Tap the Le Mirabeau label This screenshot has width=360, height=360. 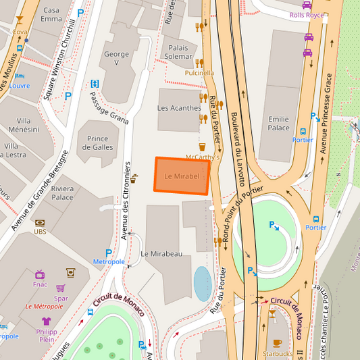coord(161,253)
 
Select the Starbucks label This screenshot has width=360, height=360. coord(277,353)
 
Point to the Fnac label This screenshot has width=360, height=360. coord(40,284)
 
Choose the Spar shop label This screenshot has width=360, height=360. coord(61,298)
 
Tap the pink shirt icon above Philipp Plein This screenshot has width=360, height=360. coord(46,322)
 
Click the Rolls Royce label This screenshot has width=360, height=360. coord(307,14)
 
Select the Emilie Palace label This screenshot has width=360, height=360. coord(278,124)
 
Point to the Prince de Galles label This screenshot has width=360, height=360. coord(98,143)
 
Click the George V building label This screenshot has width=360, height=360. coord(116,59)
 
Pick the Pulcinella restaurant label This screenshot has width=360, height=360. coord(199,73)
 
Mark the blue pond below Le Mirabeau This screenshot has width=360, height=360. coord(203,283)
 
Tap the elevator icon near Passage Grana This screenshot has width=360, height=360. coord(95,84)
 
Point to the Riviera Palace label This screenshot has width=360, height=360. coord(62,193)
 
